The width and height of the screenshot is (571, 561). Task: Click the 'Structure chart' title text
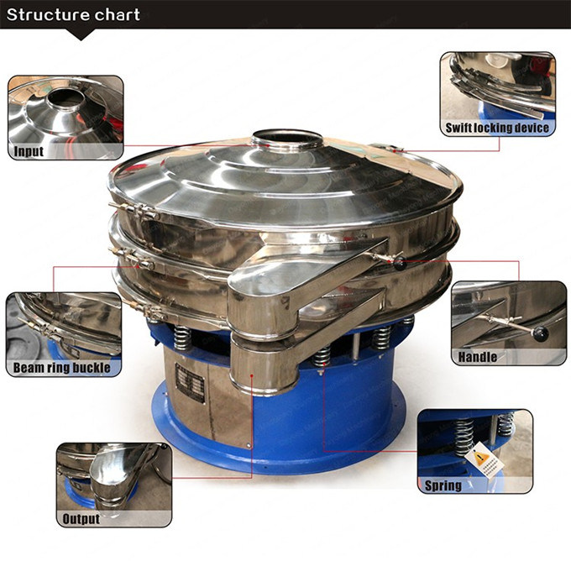coord(73,14)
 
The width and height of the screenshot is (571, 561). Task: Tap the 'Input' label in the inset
coord(29,151)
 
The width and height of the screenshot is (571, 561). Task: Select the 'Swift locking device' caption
coord(497,128)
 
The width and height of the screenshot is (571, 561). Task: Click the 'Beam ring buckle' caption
coord(61,368)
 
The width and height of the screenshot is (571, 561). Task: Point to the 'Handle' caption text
coord(478,357)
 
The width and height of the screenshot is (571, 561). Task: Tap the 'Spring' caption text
coord(443,485)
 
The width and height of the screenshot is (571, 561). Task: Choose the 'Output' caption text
coord(81,519)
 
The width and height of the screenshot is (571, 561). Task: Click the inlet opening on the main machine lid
coord(287,137)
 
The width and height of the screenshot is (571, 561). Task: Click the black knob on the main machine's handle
coord(400,264)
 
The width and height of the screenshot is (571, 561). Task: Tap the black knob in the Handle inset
coord(541,333)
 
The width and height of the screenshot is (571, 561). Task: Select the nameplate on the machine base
coord(190,382)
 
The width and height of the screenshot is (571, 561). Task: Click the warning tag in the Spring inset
coord(485,460)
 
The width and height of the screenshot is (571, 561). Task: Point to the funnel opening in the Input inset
coord(65,99)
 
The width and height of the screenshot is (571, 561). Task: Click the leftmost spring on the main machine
coord(181,337)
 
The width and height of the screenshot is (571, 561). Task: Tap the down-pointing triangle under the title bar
coord(81,34)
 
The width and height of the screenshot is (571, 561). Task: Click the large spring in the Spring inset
coord(463,437)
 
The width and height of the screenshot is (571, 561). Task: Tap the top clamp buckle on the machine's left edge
coord(134,211)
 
